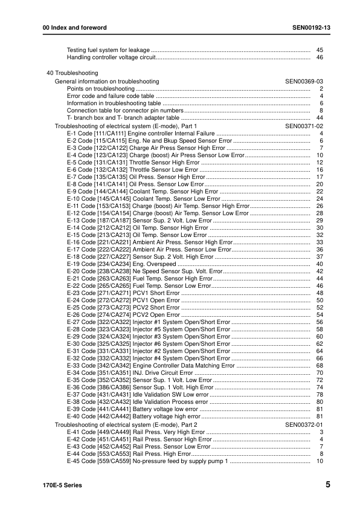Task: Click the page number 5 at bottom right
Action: click(327, 484)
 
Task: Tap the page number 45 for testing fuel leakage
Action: click(320, 50)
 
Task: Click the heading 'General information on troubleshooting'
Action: click(107, 81)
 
